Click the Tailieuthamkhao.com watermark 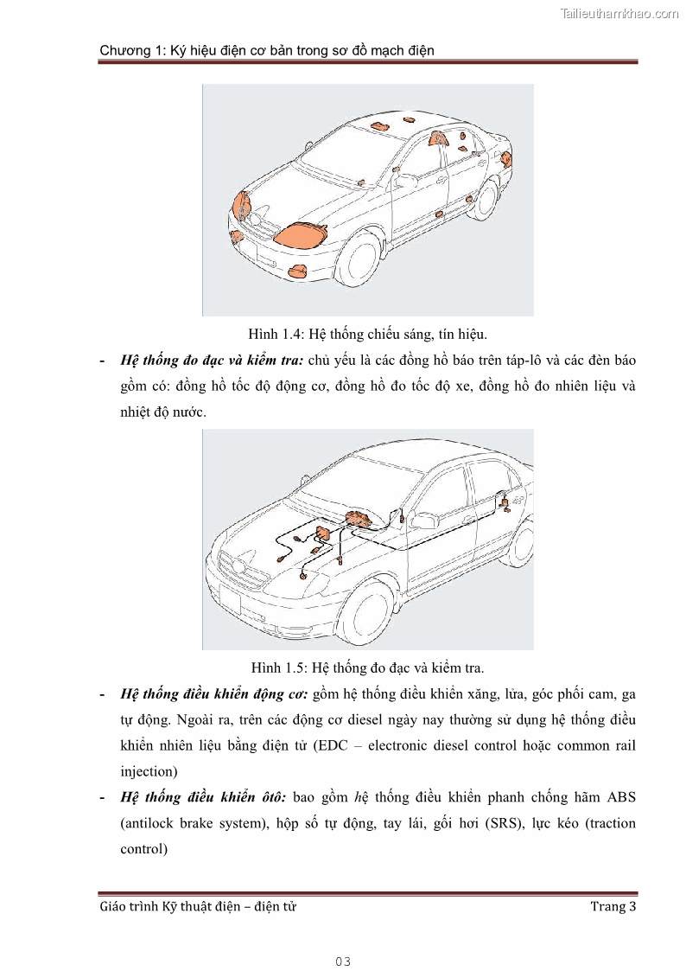619,13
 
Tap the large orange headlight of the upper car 301,234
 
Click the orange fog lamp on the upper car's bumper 300,271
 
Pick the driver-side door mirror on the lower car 422,520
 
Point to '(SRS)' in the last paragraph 495,822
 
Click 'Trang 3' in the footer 613,906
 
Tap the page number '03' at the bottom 343,961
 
